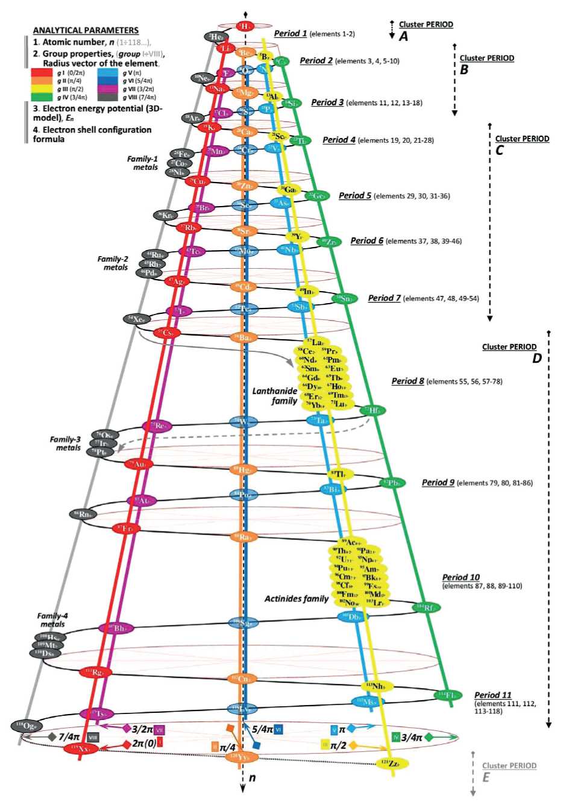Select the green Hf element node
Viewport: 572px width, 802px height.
click(x=375, y=411)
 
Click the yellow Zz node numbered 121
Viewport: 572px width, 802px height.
click(x=391, y=763)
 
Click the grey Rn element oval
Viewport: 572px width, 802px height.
click(x=83, y=514)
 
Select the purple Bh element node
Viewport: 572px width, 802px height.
click(x=116, y=628)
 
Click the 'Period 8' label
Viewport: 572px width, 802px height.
click(x=408, y=381)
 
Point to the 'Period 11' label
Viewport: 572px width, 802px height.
click(x=492, y=695)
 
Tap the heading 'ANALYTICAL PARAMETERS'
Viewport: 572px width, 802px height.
click(x=86, y=30)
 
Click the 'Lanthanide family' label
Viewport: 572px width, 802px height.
click(x=275, y=396)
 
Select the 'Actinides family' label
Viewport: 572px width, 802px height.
click(x=297, y=598)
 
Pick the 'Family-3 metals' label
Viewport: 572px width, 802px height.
click(x=65, y=443)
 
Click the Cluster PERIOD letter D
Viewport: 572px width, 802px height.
click(x=536, y=359)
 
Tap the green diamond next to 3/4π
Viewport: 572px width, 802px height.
click(x=429, y=737)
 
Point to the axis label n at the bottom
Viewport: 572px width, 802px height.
click(x=253, y=778)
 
